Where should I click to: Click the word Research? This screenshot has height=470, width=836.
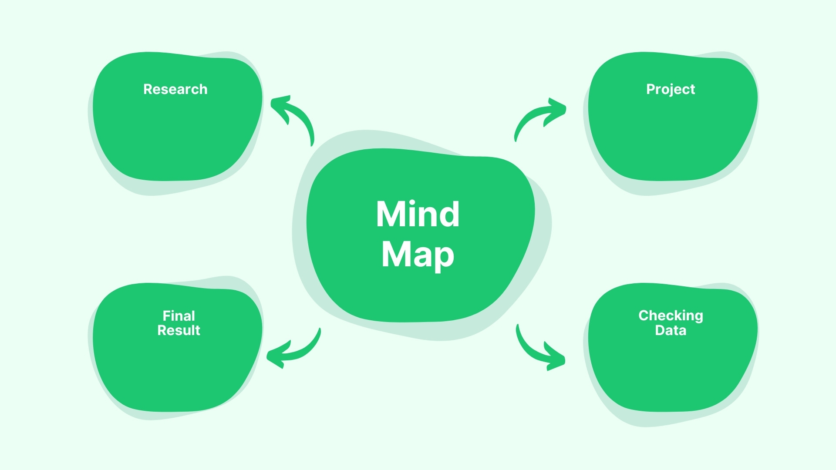(x=175, y=89)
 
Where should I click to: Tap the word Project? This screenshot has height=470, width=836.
(x=670, y=89)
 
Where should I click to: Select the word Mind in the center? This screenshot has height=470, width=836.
(x=418, y=214)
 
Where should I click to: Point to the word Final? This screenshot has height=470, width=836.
(x=179, y=316)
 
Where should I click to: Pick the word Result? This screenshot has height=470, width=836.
(x=179, y=330)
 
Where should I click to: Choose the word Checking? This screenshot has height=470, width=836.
(x=671, y=316)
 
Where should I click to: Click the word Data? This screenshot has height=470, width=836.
(x=671, y=330)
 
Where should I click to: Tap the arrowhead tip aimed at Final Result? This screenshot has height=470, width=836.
(x=268, y=355)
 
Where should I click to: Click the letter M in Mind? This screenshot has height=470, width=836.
(x=389, y=214)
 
